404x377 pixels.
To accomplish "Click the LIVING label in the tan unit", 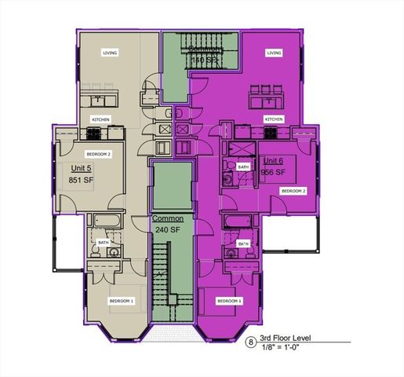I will point(110,53).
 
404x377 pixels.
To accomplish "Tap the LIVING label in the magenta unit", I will point(274,53).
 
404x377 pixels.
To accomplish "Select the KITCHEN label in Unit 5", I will point(101,119).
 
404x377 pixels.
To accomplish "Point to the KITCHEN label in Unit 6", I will point(274,119).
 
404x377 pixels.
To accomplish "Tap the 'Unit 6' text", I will point(274,160).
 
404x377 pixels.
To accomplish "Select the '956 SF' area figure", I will point(274,172).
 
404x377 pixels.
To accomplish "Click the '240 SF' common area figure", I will point(168,229).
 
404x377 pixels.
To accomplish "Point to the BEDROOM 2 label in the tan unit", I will point(98,155).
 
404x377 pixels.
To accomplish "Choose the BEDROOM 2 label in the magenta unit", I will point(293,191).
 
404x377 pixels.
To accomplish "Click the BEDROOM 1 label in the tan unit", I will point(122,301).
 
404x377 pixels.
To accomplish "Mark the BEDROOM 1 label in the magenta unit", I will point(229,301).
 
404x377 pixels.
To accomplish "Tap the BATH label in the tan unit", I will point(104,243).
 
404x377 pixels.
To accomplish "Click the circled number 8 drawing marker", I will point(251,342).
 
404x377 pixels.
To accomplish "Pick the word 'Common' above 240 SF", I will point(168,218).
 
